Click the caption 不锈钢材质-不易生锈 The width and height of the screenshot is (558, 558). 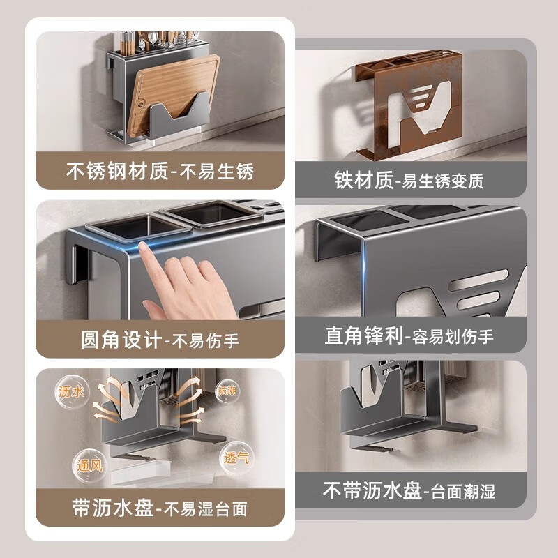pos(160,171)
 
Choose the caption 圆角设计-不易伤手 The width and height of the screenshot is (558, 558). pos(160,340)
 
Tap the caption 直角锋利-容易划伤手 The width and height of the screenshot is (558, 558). pos(409,336)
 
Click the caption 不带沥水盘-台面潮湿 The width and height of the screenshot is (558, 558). pos(409,490)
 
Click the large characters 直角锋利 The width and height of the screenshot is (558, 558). pos(363,335)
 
